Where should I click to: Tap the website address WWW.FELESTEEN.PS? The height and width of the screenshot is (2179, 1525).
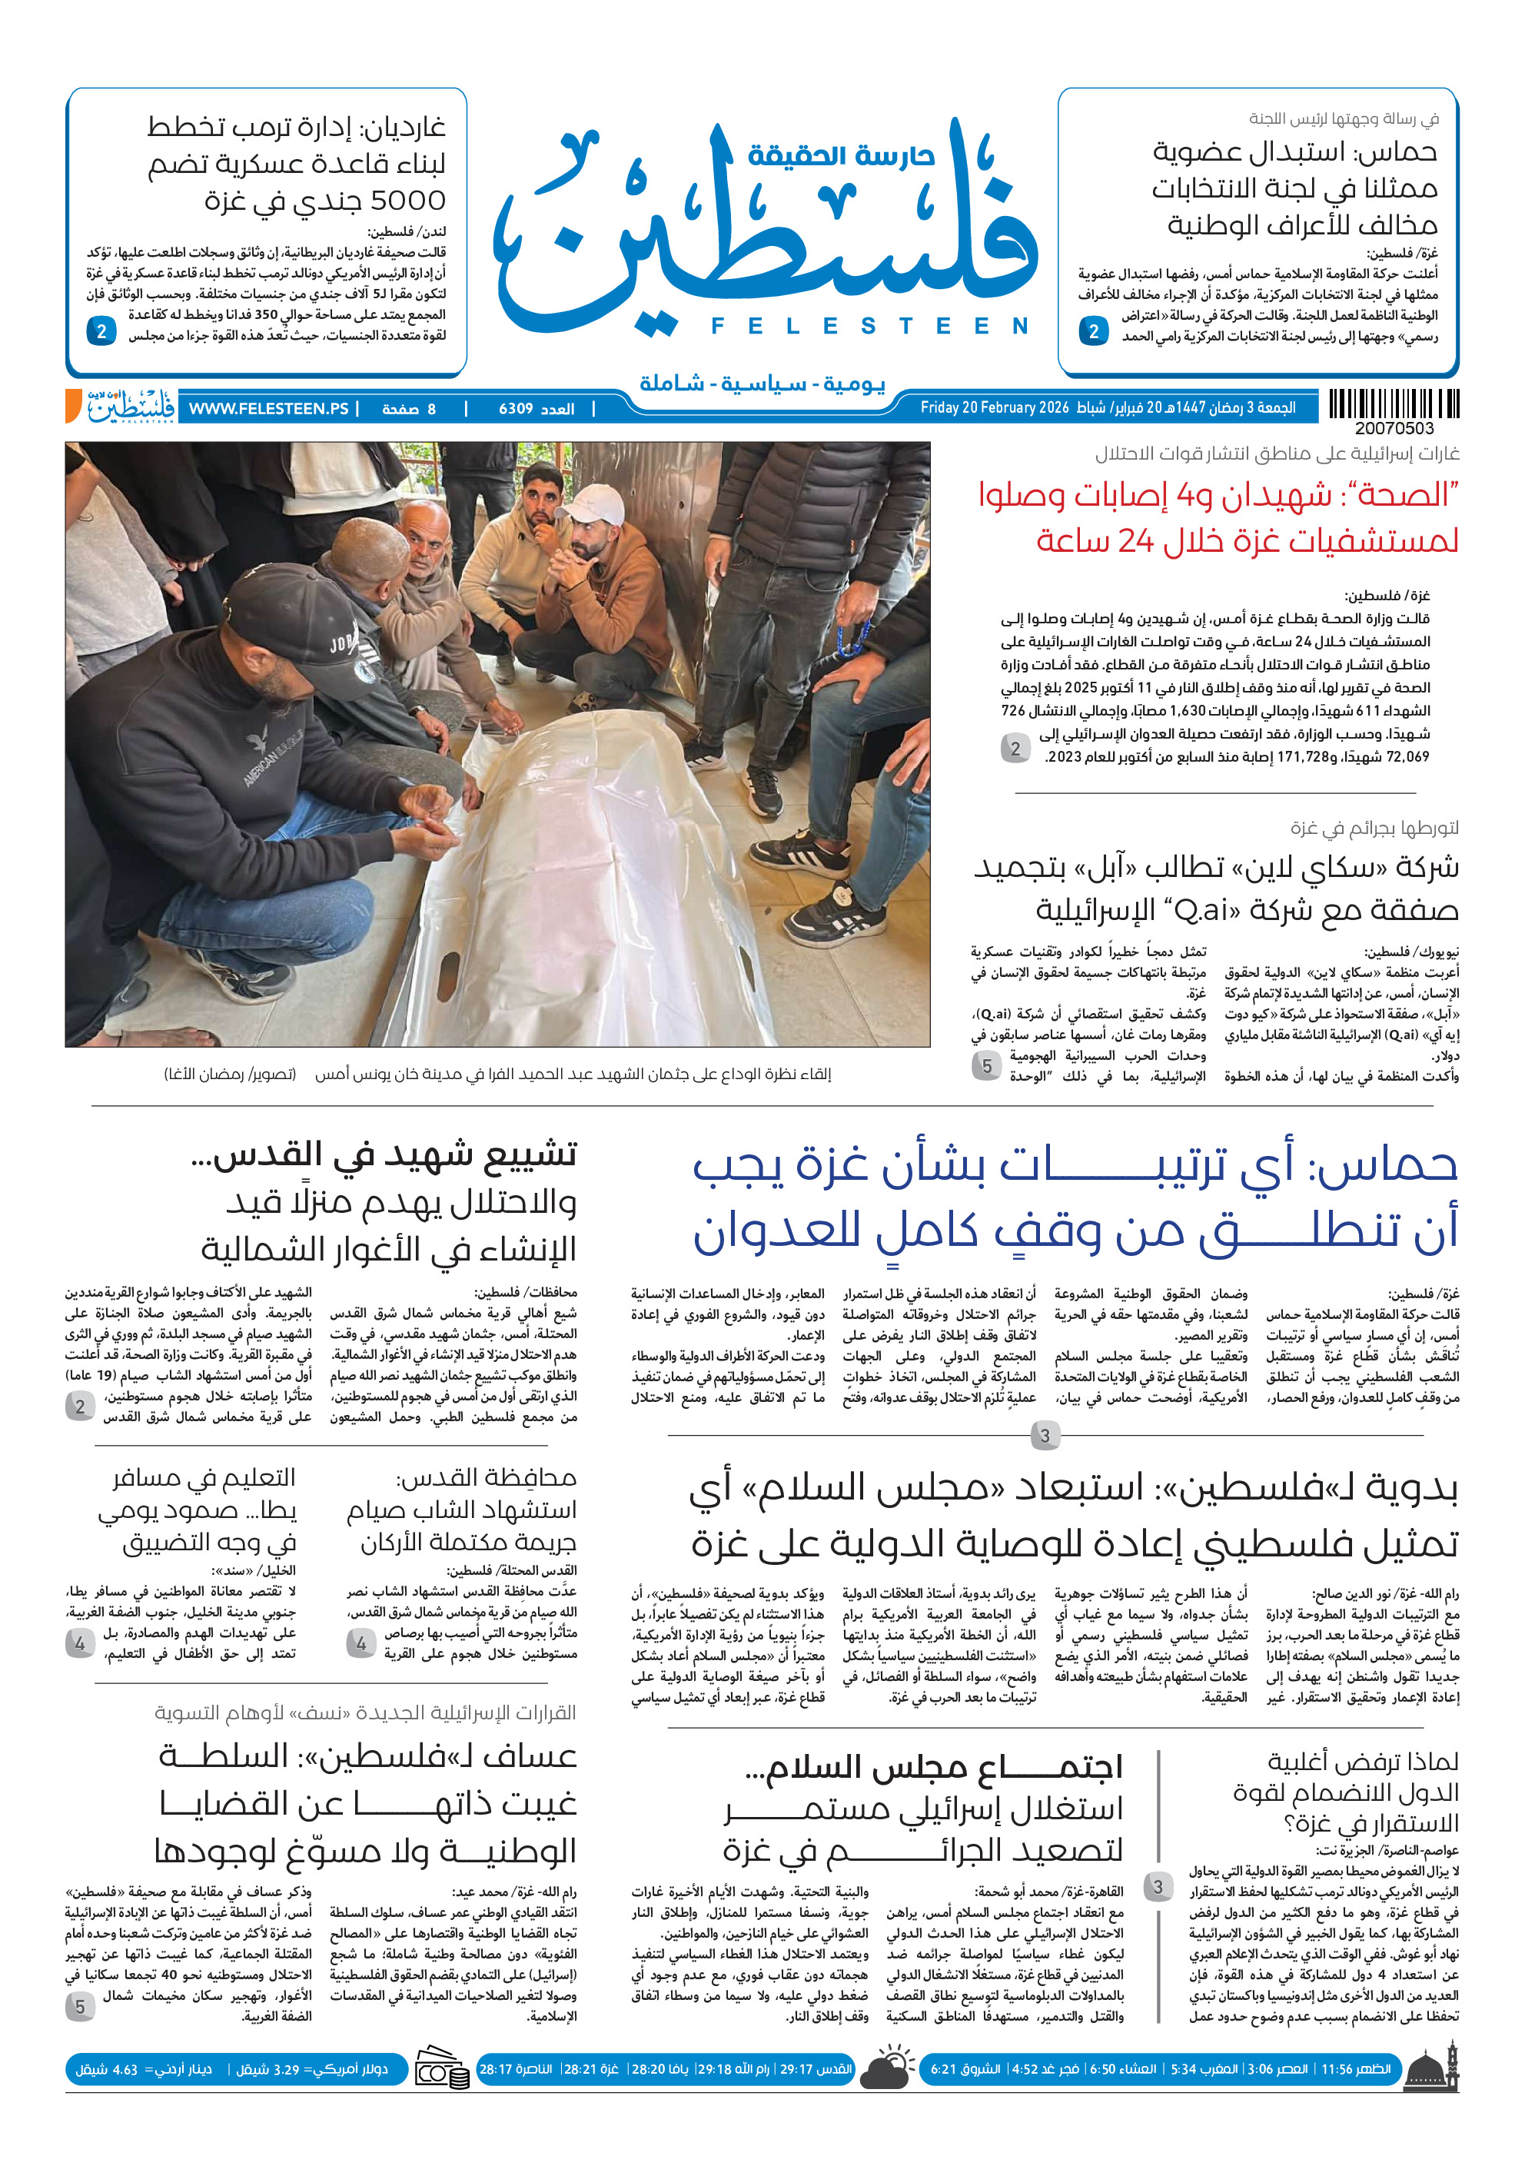pyautogui.click(x=268, y=409)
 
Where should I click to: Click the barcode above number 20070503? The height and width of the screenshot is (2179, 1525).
pyautogui.click(x=1393, y=404)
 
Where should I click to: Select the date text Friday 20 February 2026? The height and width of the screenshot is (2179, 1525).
pyautogui.click(x=994, y=408)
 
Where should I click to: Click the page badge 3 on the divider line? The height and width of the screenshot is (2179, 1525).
pyautogui.click(x=1045, y=1436)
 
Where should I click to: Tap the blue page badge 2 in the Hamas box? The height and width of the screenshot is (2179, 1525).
pyautogui.click(x=1093, y=331)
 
